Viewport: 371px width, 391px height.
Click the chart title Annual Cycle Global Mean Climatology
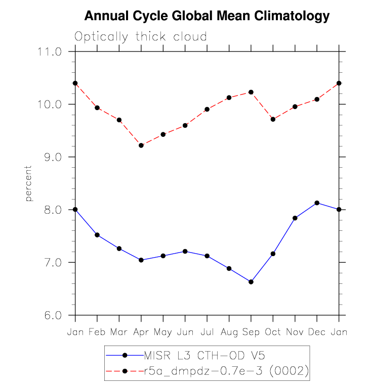[207, 16]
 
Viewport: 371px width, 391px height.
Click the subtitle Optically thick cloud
[141, 37]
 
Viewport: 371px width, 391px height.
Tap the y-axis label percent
[29, 183]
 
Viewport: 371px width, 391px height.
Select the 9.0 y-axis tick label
[51, 157]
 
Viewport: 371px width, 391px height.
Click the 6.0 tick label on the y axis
[51, 315]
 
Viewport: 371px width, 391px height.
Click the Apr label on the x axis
[141, 332]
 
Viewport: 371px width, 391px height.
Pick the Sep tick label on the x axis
[251, 332]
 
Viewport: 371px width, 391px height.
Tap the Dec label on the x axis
[317, 332]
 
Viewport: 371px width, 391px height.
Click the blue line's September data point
[251, 282]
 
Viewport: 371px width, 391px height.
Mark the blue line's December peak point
[317, 203]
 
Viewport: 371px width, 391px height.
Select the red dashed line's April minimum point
[141, 145]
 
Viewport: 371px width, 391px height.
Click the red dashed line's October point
[273, 119]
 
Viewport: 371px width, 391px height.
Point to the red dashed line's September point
[251, 92]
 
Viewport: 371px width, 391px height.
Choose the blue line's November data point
[295, 218]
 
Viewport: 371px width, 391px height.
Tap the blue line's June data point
[185, 251]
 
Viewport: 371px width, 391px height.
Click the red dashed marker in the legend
[124, 371]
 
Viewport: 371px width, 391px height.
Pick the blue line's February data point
[97, 235]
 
